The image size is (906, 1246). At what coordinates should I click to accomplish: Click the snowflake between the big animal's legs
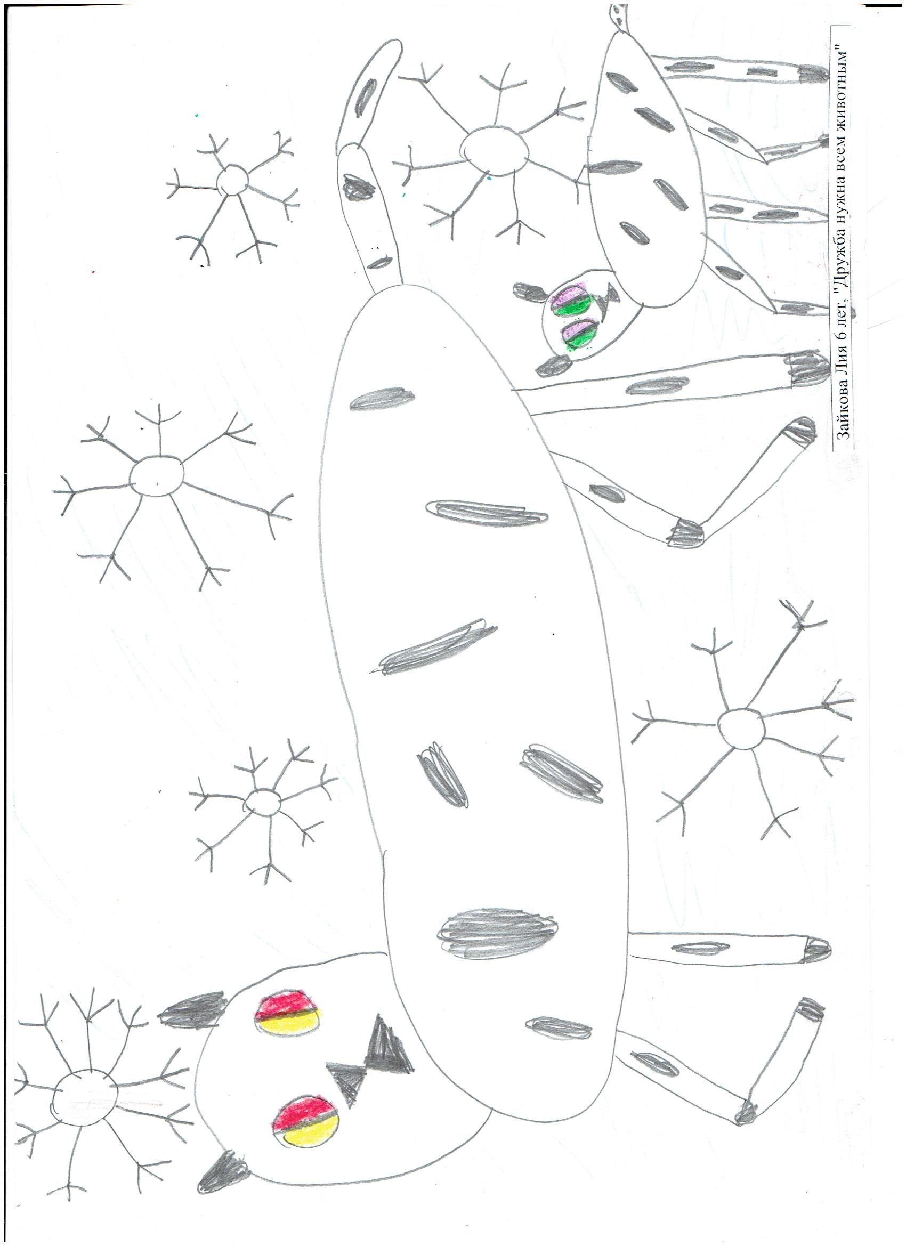(742, 728)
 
